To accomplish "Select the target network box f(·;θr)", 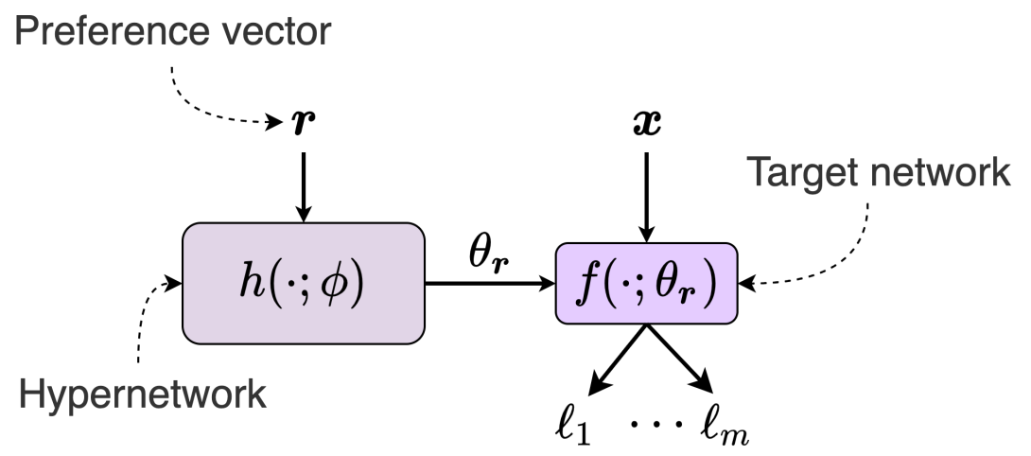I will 646,283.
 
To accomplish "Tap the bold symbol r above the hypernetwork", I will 302,124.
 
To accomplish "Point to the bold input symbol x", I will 646,124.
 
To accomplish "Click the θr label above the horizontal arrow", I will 488,254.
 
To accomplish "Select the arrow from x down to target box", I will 646,189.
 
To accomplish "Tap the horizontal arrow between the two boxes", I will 488,282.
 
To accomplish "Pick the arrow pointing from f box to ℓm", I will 679,358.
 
